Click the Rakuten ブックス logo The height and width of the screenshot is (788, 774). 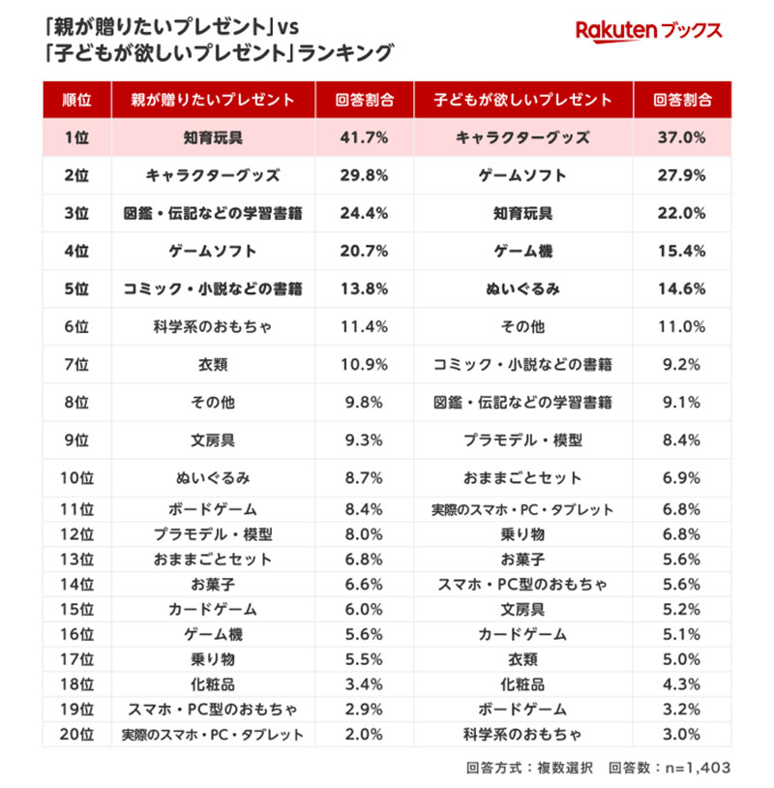coord(648,31)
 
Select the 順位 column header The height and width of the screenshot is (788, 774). coord(76,100)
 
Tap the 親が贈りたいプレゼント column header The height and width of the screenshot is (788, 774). coord(213,100)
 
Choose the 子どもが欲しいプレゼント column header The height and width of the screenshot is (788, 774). coord(522,100)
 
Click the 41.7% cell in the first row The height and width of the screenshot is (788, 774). coord(365,137)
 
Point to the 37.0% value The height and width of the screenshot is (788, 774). coord(681,137)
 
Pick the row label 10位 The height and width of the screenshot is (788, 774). coord(76,477)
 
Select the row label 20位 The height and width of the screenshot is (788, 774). coord(76,735)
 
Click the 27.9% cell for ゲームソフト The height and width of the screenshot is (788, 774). coord(681,175)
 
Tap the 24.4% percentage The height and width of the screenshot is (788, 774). coord(365,213)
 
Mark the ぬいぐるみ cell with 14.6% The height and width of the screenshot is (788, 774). coord(522,288)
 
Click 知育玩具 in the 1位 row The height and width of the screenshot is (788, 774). coord(213,137)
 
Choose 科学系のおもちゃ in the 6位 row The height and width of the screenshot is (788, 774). coord(213,326)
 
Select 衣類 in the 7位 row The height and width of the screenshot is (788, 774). coord(213,364)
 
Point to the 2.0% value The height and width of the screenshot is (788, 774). coord(365,735)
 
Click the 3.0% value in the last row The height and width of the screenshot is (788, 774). coord(681,735)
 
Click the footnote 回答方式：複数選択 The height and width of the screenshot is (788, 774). coord(523,768)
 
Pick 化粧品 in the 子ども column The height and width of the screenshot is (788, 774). coord(522,684)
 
